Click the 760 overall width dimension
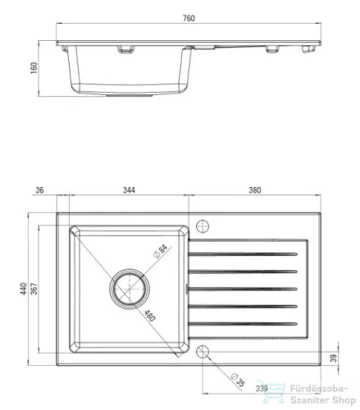click(x=189, y=18)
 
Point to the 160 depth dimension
click(x=34, y=68)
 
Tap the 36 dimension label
click(x=39, y=190)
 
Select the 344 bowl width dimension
click(x=129, y=190)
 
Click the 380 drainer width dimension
click(x=255, y=190)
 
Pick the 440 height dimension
click(x=24, y=289)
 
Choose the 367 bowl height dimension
click(x=34, y=289)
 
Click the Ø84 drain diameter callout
click(x=161, y=251)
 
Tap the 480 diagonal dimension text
click(x=150, y=316)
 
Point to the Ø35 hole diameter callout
click(x=238, y=380)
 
